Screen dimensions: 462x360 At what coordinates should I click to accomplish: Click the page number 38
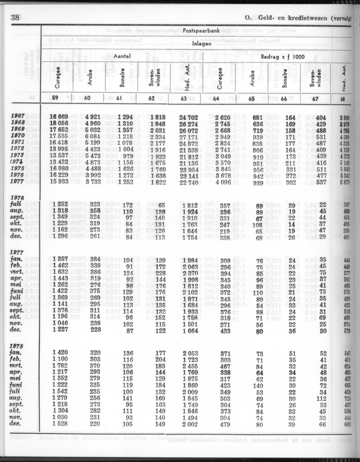coord(15,17)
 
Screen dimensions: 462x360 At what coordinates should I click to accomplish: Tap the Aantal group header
coord(122,56)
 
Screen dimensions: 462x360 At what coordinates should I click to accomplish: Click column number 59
coord(55,99)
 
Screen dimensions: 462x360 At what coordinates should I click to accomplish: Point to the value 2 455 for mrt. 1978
coord(191,366)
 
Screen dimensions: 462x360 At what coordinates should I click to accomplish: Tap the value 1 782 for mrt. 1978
coord(61,366)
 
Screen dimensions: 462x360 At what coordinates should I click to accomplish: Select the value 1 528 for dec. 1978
coord(61,425)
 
